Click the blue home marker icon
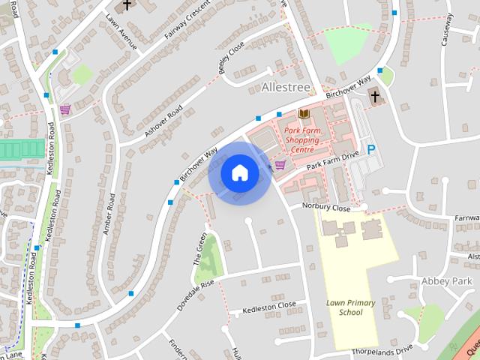pos(239,172)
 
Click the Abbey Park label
pos(447,281)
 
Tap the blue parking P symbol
pos(370,150)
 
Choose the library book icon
pos(304,114)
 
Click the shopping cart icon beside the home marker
pos(280,164)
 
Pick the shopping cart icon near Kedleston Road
pos(65,109)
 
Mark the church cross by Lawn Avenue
pos(127,5)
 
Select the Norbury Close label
pos(326,207)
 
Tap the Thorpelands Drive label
pos(385,349)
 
